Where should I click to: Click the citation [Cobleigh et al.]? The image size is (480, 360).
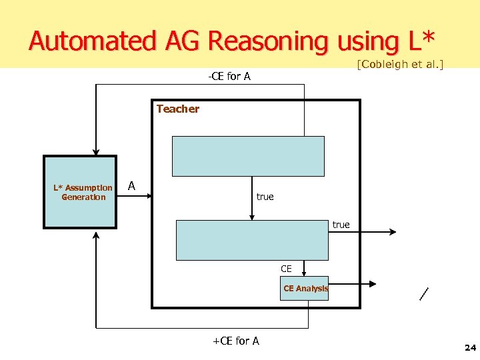coord(400,65)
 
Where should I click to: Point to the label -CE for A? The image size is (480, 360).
coord(229,76)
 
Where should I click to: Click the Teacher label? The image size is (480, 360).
coord(177,109)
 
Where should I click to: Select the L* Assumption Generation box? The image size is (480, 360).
coord(80,192)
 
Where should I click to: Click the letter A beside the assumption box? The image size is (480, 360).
coord(131,186)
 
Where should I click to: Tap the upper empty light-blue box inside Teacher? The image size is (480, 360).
coord(248,156)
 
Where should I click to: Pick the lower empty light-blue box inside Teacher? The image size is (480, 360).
coord(252,239)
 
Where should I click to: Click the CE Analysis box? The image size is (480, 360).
coord(305,289)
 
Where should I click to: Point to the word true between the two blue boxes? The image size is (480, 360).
coord(265,197)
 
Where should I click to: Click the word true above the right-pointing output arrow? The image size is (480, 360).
coord(341,225)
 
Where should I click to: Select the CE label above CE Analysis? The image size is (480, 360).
coord(286,269)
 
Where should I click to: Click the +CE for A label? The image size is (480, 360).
coord(235,341)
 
